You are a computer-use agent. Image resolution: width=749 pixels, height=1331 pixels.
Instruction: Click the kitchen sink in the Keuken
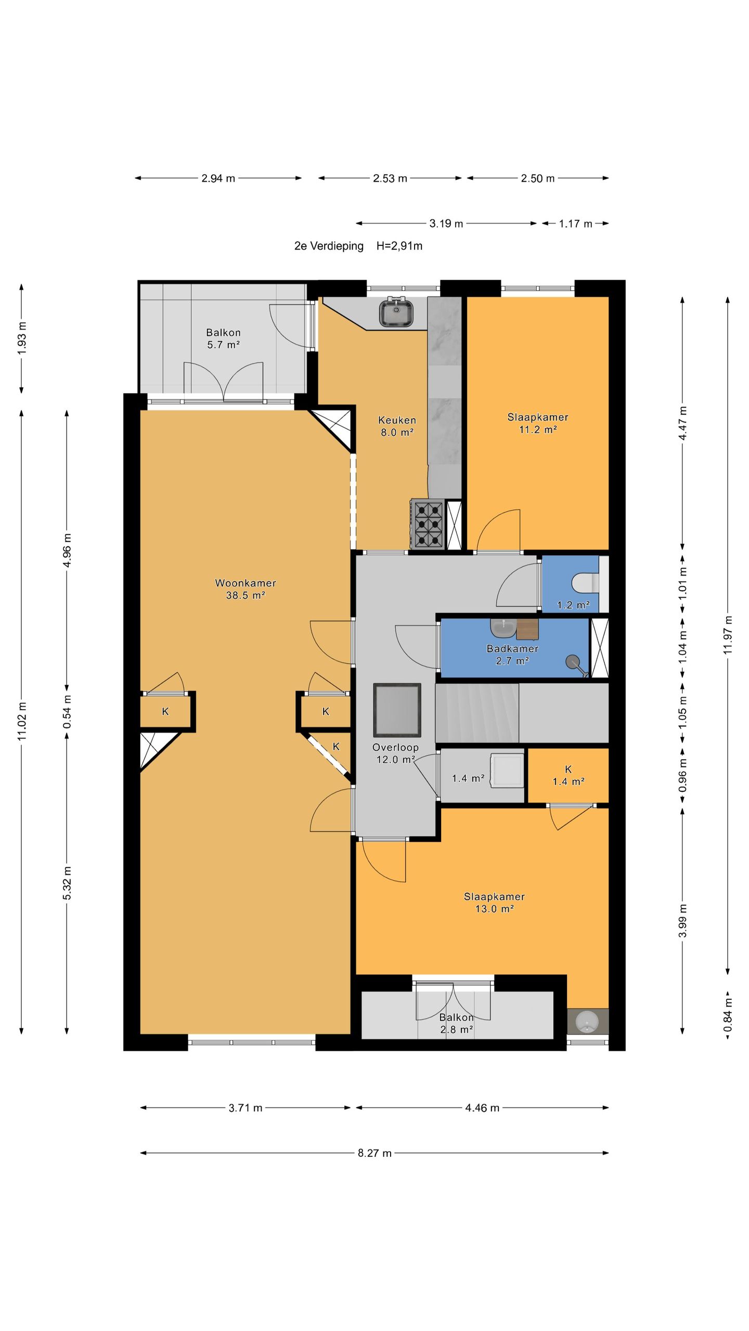click(x=396, y=312)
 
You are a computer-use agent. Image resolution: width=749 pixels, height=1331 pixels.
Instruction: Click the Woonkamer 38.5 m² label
click(x=246, y=589)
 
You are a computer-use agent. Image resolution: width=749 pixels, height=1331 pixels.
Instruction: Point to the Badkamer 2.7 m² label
click(x=512, y=655)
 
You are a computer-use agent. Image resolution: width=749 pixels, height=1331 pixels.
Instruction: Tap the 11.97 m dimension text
click(x=728, y=635)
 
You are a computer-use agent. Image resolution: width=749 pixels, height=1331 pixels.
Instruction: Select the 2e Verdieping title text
click(x=329, y=246)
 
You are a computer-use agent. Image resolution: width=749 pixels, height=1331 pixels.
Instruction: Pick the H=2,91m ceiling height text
click(x=399, y=246)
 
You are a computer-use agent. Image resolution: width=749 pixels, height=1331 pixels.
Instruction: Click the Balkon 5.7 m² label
click(x=223, y=338)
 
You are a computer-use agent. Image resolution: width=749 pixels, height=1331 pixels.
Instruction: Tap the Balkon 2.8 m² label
click(x=456, y=1024)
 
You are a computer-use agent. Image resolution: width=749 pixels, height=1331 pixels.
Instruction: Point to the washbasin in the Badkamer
click(x=502, y=628)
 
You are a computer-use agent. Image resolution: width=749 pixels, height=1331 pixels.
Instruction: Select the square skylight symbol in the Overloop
click(x=397, y=710)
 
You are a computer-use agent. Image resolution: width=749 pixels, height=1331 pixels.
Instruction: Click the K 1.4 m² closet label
click(x=568, y=775)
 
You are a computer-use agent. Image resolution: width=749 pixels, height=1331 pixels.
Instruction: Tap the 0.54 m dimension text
click(x=67, y=711)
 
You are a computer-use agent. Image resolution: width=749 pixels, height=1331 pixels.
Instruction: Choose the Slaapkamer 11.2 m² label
click(x=538, y=423)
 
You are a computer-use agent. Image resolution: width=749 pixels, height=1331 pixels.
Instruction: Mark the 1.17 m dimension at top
click(x=575, y=224)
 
